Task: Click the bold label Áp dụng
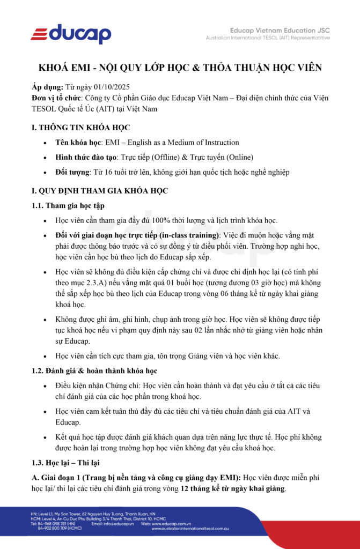tap(48, 87)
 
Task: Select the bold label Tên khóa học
tap(78, 143)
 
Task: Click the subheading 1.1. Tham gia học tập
tap(68, 205)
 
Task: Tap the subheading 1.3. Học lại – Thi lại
tap(66, 462)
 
